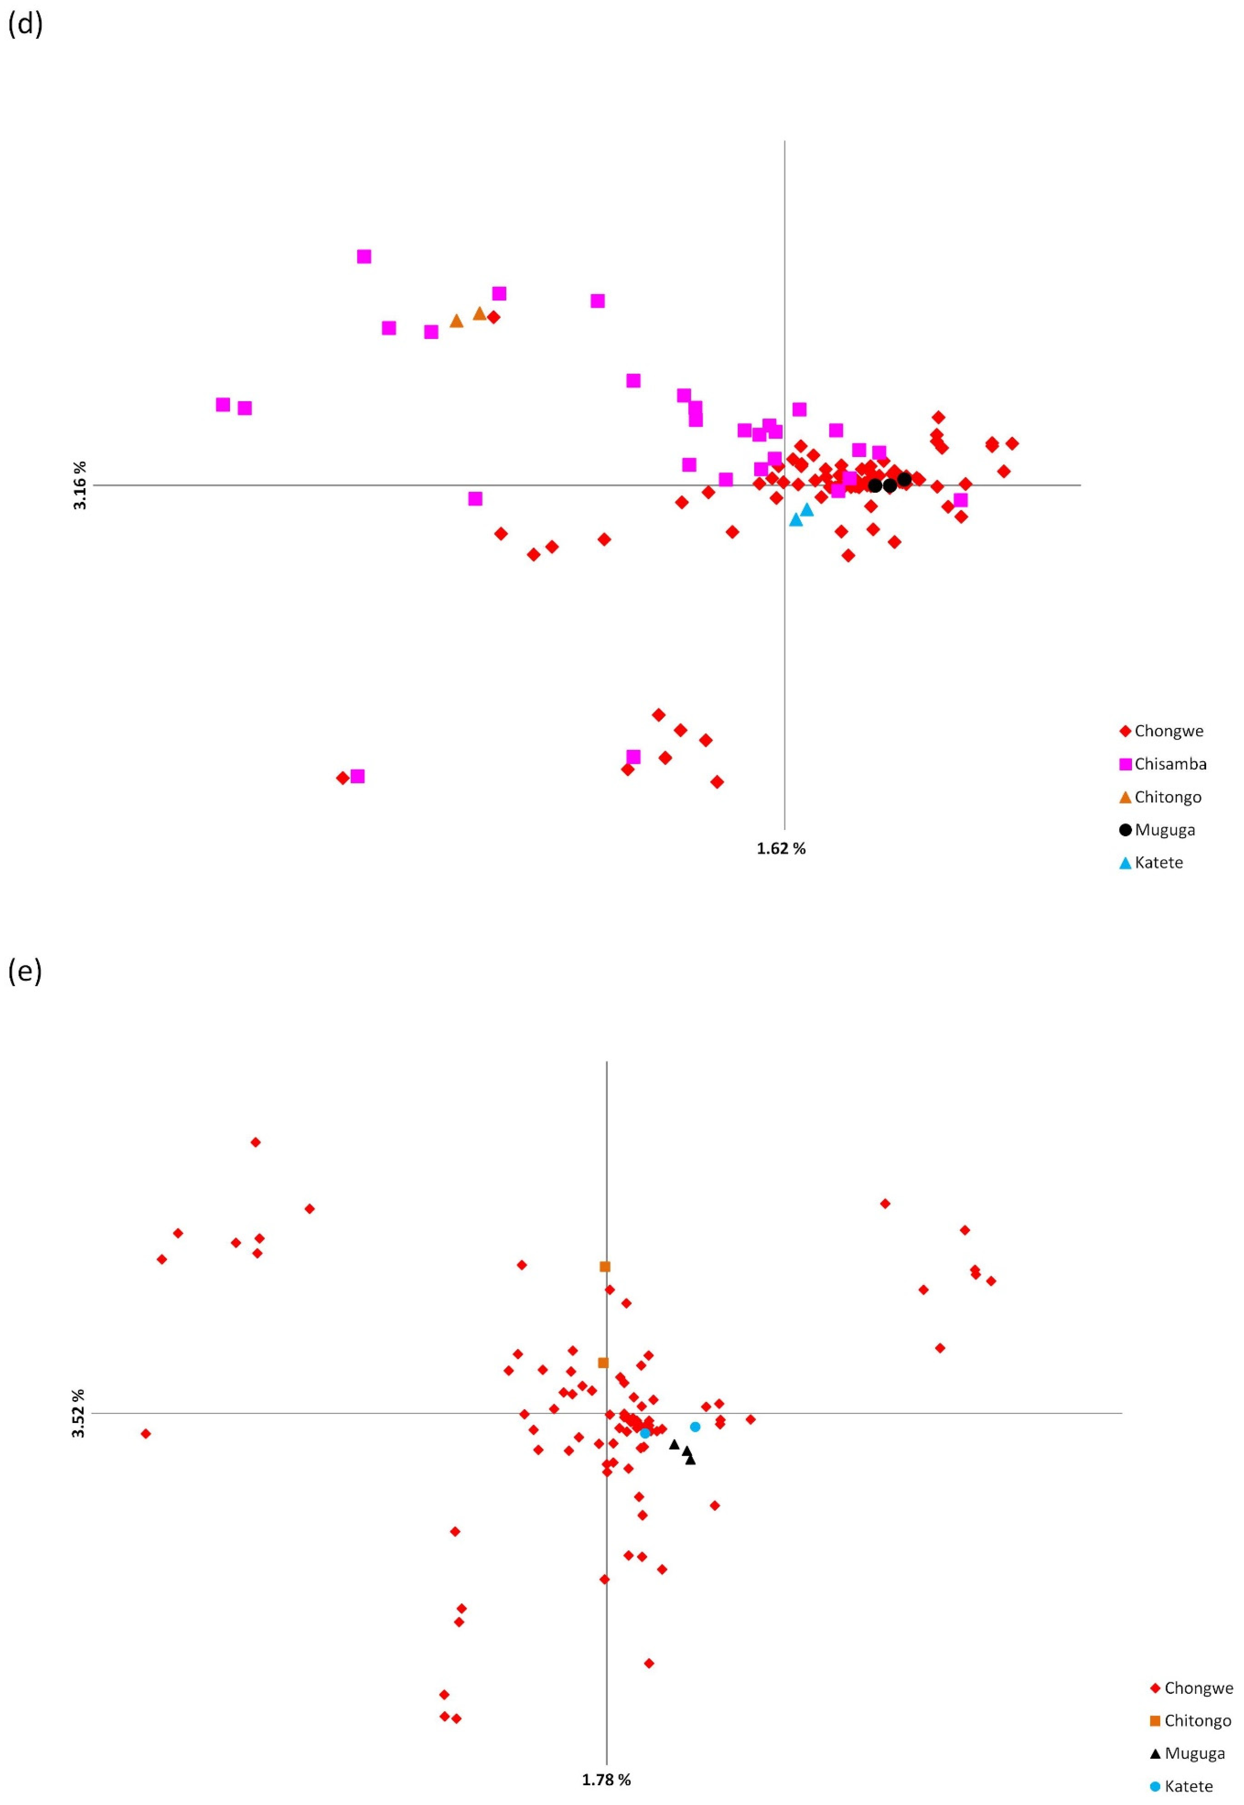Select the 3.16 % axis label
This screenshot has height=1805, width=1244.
click(x=79, y=485)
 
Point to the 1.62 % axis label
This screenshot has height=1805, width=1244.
click(x=781, y=848)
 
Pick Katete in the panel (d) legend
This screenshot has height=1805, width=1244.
click(x=1158, y=862)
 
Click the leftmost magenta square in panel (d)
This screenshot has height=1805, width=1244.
click(x=223, y=404)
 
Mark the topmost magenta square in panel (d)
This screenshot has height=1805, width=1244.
click(x=364, y=256)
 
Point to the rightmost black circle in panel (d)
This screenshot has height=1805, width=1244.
click(x=904, y=479)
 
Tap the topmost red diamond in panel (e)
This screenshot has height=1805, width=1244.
click(x=255, y=1142)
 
